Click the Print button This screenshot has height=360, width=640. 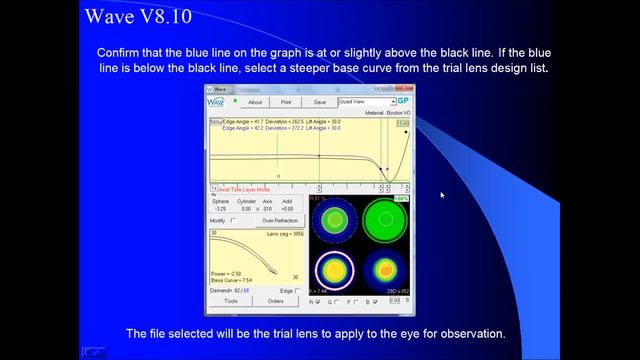click(286, 102)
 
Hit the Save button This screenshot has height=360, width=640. click(319, 102)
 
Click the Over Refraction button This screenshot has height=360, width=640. click(280, 220)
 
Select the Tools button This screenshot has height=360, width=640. click(230, 300)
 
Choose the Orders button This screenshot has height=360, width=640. click(276, 300)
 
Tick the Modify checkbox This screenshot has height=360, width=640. click(234, 220)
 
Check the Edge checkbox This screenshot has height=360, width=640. click(297, 290)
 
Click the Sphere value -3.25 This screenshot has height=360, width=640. click(220, 209)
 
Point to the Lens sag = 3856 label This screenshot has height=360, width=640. click(283, 232)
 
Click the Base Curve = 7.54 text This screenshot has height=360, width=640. click(232, 281)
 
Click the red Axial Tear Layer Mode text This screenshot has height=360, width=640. click(246, 189)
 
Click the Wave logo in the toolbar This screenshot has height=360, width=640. click(216, 102)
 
